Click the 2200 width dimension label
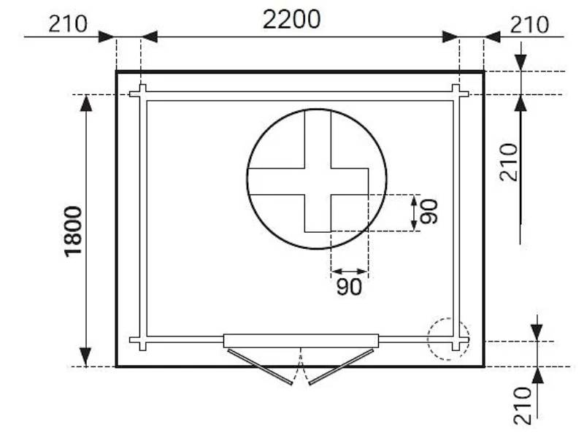click(x=291, y=20)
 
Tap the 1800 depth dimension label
click(x=73, y=231)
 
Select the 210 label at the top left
click(x=68, y=24)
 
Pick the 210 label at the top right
click(x=529, y=25)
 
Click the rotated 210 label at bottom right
click(x=522, y=406)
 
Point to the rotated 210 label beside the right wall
click(x=509, y=162)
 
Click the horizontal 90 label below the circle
click(x=349, y=287)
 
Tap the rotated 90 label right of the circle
click(x=429, y=212)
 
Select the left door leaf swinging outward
click(x=260, y=366)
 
